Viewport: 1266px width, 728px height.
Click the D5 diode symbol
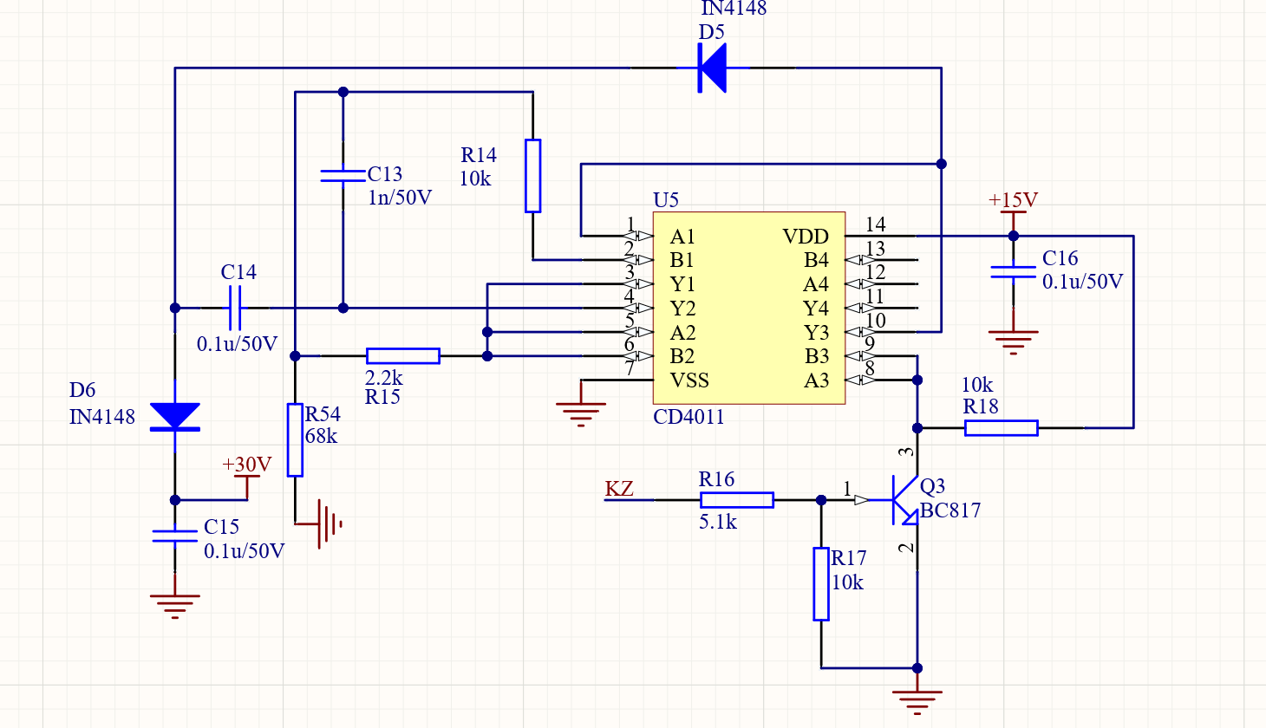tap(712, 68)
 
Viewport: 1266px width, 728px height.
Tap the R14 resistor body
tap(533, 176)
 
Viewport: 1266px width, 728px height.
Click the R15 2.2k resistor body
tap(403, 356)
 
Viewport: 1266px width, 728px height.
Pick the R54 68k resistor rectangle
tap(295, 440)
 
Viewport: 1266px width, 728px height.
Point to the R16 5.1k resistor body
tap(737, 500)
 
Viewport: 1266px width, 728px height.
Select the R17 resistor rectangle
tap(821, 584)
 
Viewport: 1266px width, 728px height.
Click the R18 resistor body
tap(1002, 428)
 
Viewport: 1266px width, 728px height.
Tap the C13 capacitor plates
tap(343, 176)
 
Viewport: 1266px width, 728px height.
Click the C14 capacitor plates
tap(235, 308)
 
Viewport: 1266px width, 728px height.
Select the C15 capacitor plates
tap(174, 536)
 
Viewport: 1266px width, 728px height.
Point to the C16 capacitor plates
tap(1014, 272)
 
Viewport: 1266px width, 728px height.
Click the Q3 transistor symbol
tap(904, 500)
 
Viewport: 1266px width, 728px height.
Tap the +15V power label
tap(1013, 199)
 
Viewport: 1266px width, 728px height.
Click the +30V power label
tap(247, 465)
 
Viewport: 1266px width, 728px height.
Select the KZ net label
tap(619, 489)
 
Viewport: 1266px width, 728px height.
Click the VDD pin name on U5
tap(806, 236)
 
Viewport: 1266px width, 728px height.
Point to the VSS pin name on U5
tap(689, 380)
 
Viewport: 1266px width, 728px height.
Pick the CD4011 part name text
tap(688, 417)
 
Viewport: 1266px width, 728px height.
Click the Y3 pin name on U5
tap(816, 333)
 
